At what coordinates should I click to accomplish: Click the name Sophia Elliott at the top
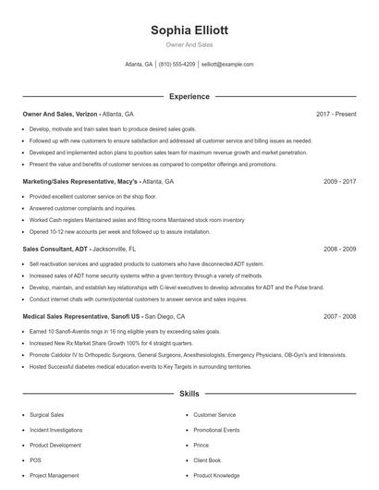coord(189,30)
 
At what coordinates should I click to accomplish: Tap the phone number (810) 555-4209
coord(177,65)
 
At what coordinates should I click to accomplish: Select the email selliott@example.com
coord(227,65)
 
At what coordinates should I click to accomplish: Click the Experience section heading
coord(189,96)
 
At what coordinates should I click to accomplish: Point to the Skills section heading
coord(189,394)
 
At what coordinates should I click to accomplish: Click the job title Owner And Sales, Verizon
coord(60,114)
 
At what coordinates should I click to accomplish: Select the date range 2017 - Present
coord(336,114)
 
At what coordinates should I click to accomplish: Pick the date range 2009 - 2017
coord(340,182)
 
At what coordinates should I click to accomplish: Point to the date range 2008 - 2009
coord(340,249)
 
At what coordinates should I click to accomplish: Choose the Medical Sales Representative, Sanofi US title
coord(81,316)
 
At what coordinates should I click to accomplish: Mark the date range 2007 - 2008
coord(340,316)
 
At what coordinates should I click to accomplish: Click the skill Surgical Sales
coord(46,415)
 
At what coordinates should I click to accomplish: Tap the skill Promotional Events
coord(216,430)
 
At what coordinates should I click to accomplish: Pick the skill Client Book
coord(207,459)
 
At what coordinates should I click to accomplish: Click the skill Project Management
coord(54,475)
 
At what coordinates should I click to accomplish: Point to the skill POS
coord(35,459)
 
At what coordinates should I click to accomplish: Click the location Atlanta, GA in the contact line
coord(139,65)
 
